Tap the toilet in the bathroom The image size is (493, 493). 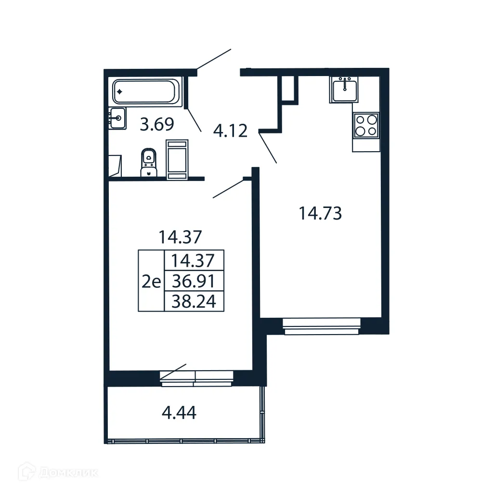coord(148,163)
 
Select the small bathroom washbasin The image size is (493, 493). coord(117,118)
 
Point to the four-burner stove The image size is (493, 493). coord(366,125)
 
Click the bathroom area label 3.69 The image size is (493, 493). coord(156,125)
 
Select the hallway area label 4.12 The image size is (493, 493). coord(231,130)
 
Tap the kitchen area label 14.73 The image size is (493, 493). coord(320,213)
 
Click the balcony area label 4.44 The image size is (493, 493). coord(178,413)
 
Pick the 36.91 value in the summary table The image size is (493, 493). coord(194,281)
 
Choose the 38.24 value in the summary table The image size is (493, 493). coord(194,301)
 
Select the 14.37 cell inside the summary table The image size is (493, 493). coord(194,260)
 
